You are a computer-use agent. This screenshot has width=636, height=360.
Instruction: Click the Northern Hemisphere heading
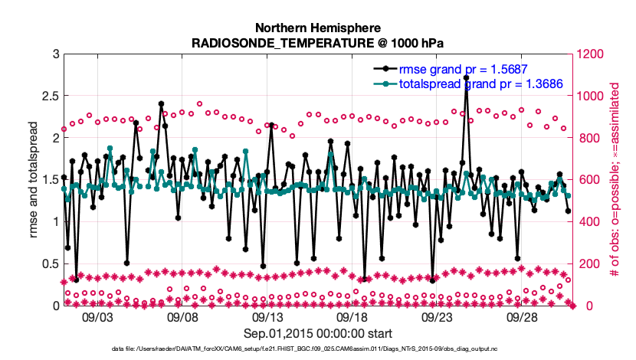[318, 28]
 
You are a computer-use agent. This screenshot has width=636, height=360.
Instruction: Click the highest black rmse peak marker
[466, 78]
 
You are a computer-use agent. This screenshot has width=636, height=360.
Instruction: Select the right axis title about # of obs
[615, 180]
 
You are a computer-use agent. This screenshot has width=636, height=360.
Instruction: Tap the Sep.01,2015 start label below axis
[318, 333]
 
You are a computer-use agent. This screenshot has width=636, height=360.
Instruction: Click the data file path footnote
[318, 349]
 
